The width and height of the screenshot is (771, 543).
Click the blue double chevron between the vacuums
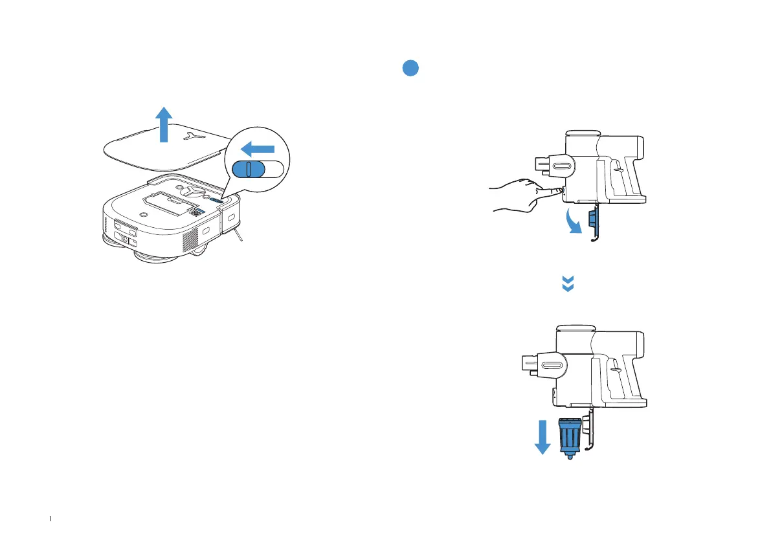568,283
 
